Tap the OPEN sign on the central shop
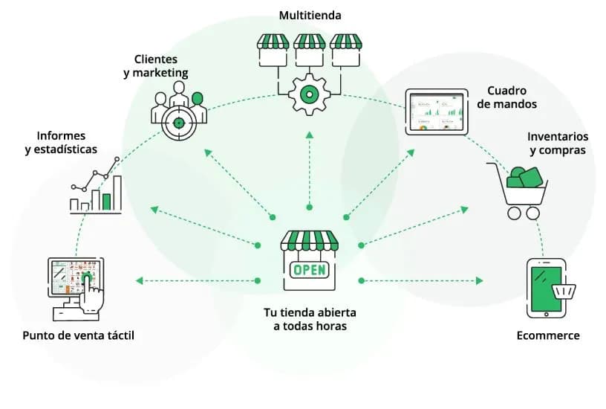pos(309,269)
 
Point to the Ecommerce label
pos(548,335)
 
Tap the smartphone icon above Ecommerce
pos(547,287)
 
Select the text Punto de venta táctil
pos(79,335)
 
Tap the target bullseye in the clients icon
pos(179,119)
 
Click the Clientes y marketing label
pos(161,65)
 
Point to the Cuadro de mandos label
pos(507,97)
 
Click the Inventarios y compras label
pos(558,144)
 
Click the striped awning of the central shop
pos(309,240)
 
